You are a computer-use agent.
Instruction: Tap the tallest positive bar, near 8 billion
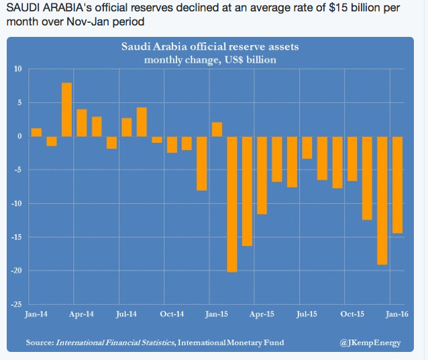pyautogui.click(x=67, y=109)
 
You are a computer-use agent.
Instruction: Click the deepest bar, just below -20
pyautogui.click(x=232, y=204)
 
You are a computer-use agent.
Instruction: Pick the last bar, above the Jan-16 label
pyautogui.click(x=398, y=184)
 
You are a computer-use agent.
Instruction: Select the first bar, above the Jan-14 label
pyautogui.click(x=36, y=132)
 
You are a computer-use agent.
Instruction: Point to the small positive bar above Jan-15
pyautogui.click(x=217, y=129)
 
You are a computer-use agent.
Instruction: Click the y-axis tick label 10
pyautogui.click(x=17, y=69)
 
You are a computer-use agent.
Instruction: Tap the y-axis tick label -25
pyautogui.click(x=16, y=304)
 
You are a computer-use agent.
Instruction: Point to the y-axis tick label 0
pyautogui.click(x=19, y=136)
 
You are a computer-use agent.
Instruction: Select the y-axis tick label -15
pyautogui.click(x=16, y=237)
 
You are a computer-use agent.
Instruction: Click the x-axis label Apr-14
pyautogui.click(x=82, y=313)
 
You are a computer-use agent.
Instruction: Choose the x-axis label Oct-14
pyautogui.click(x=172, y=313)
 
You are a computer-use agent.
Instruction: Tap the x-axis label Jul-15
pyautogui.click(x=307, y=313)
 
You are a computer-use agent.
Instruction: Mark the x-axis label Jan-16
pyautogui.click(x=398, y=313)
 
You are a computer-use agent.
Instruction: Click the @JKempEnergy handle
pyautogui.click(x=370, y=343)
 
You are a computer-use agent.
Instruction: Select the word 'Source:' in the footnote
pyautogui.click(x=39, y=343)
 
